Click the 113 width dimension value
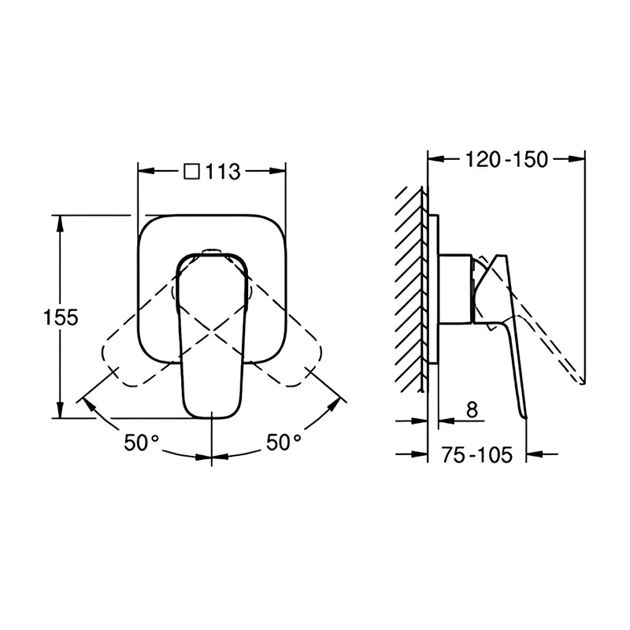tap(223, 172)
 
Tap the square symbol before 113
tap(192, 171)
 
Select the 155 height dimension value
tap(61, 317)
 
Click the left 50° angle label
tap(142, 443)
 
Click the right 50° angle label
tap(283, 443)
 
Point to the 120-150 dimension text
tap(506, 160)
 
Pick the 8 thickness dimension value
tap(472, 409)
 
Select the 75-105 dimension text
tap(477, 455)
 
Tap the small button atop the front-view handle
tap(211, 252)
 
